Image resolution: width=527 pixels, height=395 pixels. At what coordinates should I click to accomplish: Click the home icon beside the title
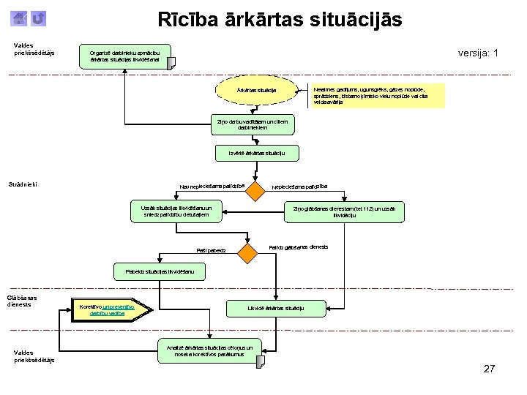(20, 18)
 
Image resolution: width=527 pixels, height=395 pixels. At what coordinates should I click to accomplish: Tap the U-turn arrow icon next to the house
(39, 18)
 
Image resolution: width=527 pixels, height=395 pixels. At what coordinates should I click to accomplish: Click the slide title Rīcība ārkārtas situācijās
(280, 20)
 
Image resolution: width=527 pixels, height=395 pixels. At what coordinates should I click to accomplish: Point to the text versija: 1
(478, 53)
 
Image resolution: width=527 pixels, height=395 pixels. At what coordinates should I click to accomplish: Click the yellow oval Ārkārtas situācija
(256, 90)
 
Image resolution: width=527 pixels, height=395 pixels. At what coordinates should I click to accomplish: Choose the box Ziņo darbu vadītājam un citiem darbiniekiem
(253, 124)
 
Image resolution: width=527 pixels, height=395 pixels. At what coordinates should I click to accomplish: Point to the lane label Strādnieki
(29, 184)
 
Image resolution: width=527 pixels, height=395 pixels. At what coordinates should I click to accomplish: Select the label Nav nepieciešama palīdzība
(212, 186)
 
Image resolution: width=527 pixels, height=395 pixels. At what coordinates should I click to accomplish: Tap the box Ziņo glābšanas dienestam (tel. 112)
(344, 212)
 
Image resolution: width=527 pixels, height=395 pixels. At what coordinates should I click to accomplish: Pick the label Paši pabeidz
(211, 251)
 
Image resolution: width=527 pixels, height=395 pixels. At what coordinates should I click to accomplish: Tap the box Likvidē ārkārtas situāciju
(275, 308)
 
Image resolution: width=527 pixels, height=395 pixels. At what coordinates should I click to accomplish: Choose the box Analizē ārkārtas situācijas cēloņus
(209, 351)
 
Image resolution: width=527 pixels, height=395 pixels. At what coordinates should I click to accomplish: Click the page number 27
(489, 369)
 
